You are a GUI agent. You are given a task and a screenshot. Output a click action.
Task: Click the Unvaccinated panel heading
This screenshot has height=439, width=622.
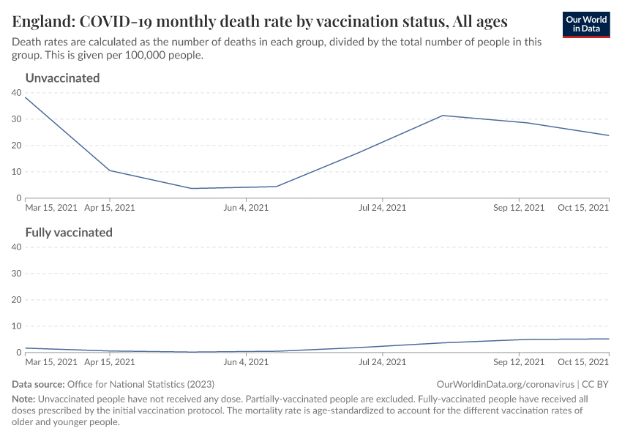[x=62, y=78]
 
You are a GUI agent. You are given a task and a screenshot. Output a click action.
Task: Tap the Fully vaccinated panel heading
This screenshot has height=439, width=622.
[x=69, y=232]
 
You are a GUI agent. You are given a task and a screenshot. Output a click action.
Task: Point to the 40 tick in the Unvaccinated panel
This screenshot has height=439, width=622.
[x=17, y=93]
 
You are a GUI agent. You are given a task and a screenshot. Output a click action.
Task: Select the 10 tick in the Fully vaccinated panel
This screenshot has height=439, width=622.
[x=17, y=326]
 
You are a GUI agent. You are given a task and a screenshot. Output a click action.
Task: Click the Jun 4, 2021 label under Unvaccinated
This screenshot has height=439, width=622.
[x=246, y=208]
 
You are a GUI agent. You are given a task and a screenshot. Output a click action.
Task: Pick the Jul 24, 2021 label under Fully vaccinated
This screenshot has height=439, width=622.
[x=382, y=362]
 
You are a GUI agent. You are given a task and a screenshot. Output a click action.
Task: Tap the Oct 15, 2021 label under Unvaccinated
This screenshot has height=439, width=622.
[x=583, y=208]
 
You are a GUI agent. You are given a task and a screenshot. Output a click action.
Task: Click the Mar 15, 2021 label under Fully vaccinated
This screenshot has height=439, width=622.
[x=51, y=362]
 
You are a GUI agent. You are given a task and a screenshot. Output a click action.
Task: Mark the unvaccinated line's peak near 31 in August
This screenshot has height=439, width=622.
[x=443, y=116]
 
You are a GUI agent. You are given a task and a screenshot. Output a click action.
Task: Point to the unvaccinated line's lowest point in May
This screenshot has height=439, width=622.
[x=192, y=188]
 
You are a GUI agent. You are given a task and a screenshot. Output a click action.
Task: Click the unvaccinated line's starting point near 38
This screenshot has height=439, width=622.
[x=26, y=97]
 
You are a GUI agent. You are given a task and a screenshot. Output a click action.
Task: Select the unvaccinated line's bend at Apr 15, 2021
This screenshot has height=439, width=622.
[x=109, y=170]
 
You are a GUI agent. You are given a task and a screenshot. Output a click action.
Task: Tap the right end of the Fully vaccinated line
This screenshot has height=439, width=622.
[x=609, y=339]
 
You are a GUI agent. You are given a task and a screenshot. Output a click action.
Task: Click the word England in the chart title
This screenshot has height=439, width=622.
[x=41, y=20]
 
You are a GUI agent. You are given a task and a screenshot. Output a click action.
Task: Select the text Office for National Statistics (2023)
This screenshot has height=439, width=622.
[x=140, y=384]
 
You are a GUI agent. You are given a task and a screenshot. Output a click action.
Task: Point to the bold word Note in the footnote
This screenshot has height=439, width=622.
[x=23, y=399]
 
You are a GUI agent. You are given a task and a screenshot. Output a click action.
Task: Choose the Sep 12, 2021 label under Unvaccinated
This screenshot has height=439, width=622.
[x=520, y=208]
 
